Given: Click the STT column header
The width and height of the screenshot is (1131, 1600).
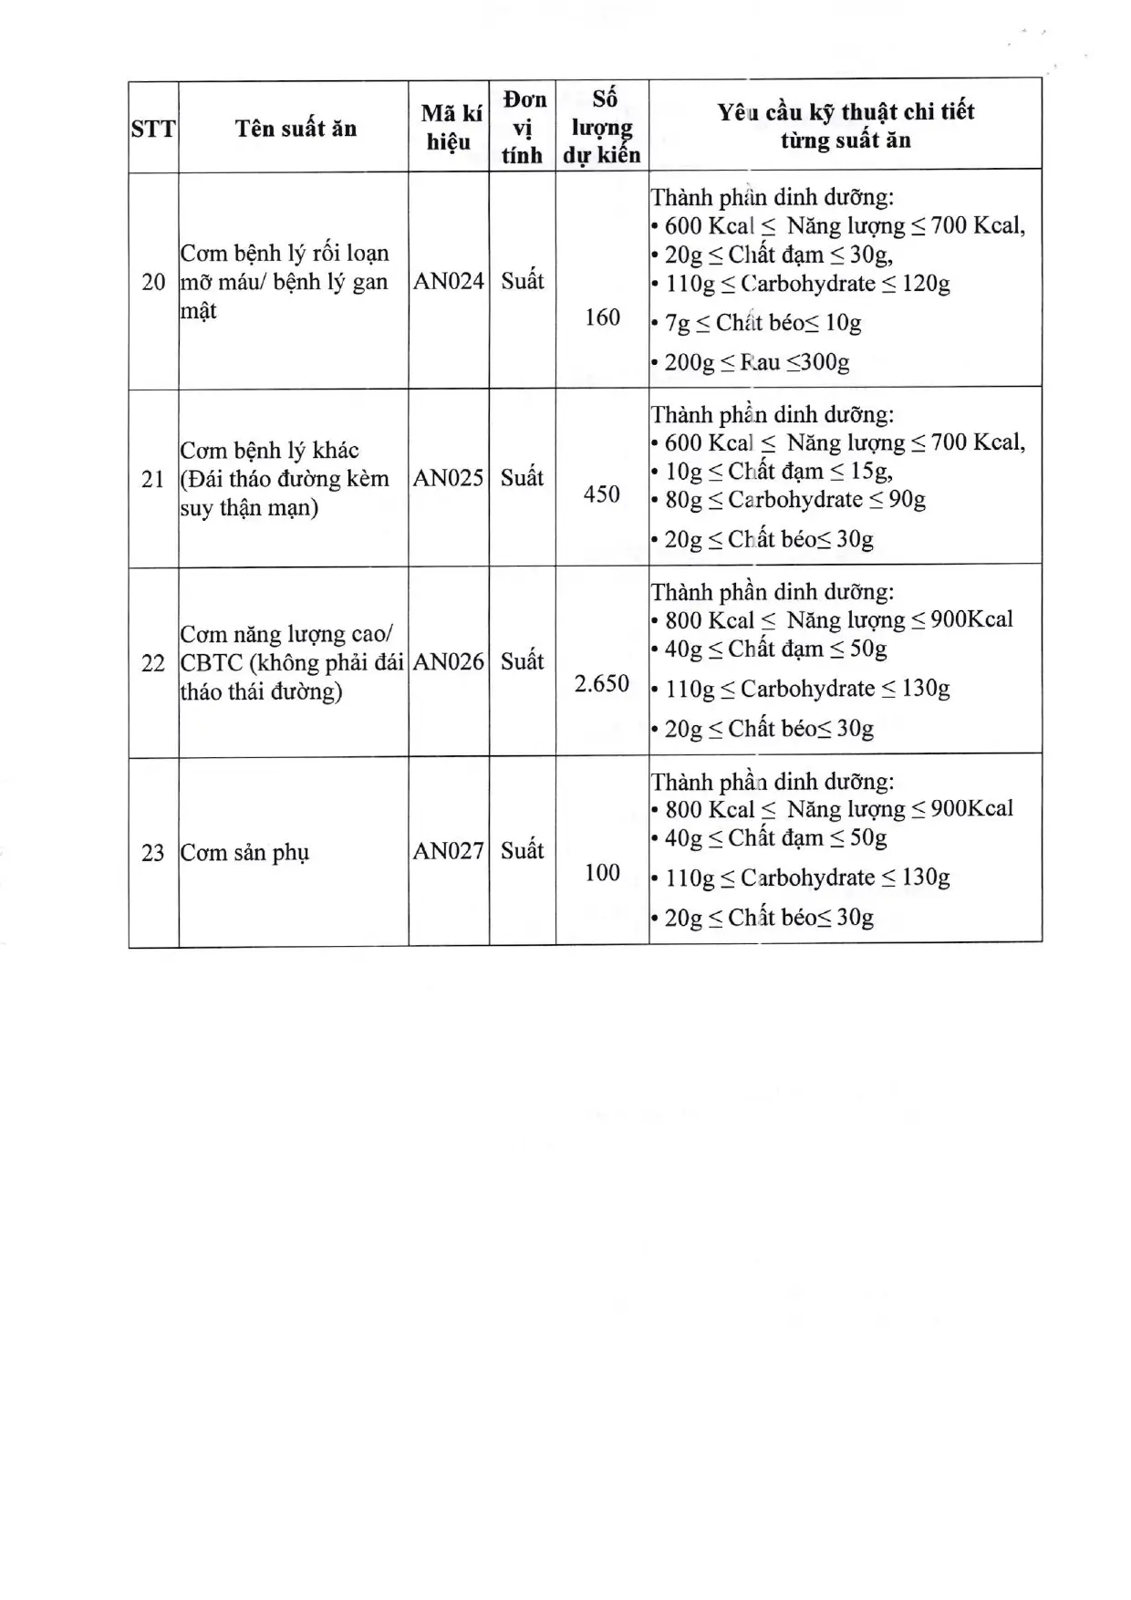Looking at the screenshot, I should [153, 129].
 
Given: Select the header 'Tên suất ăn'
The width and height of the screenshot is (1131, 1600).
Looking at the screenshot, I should [296, 129].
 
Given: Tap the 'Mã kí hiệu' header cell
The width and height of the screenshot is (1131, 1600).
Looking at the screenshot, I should [450, 128].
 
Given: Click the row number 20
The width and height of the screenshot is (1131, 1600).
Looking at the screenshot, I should [153, 282].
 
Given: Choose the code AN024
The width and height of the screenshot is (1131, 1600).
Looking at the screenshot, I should [449, 281].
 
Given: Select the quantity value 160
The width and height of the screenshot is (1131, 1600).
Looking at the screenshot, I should [602, 317].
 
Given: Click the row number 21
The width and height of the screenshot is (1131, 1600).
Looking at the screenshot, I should [153, 479].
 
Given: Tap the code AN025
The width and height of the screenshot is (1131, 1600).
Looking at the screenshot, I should [449, 478].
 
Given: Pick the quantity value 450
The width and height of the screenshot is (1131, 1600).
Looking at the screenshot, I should [602, 494].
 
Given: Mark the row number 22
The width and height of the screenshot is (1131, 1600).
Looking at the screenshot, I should [153, 663].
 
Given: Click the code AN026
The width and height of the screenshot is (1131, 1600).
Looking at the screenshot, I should [449, 662].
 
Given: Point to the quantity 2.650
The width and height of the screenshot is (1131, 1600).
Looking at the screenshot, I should [602, 684].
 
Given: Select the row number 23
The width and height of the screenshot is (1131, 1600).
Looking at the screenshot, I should [153, 853].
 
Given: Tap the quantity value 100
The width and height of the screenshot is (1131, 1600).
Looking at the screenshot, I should [602, 873].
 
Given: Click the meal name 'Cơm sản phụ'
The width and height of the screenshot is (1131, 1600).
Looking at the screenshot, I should [245, 853].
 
